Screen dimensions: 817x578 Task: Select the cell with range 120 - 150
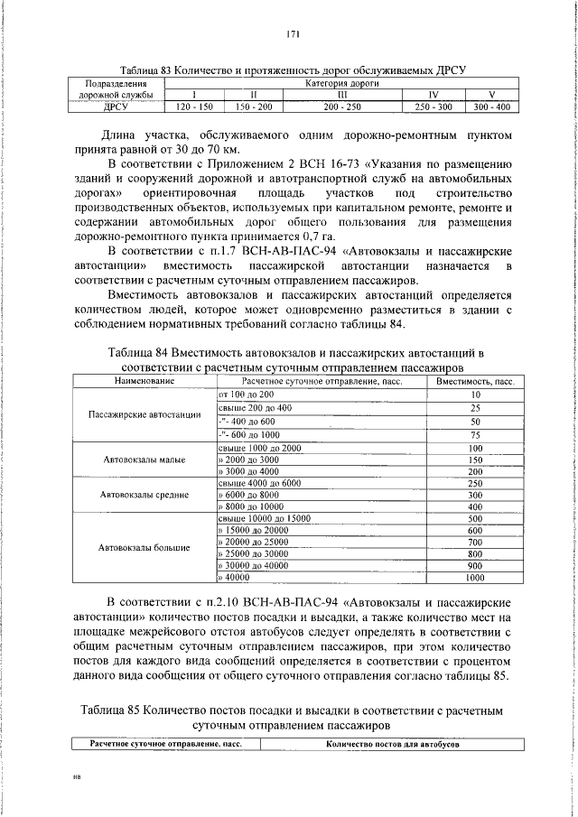point(193,107)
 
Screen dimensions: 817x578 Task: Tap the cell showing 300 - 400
point(491,107)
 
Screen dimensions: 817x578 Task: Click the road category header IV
point(433,95)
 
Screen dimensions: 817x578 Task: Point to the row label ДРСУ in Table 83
point(115,107)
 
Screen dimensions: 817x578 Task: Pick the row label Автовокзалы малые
point(144,460)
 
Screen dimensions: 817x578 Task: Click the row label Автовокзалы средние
point(144,495)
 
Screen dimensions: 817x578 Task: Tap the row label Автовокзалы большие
point(144,547)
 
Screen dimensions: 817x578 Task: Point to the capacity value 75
point(475,434)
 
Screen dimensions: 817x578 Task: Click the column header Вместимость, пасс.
point(475,382)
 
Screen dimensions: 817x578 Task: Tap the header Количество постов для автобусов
point(393,744)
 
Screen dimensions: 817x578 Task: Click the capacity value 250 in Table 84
point(475,483)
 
